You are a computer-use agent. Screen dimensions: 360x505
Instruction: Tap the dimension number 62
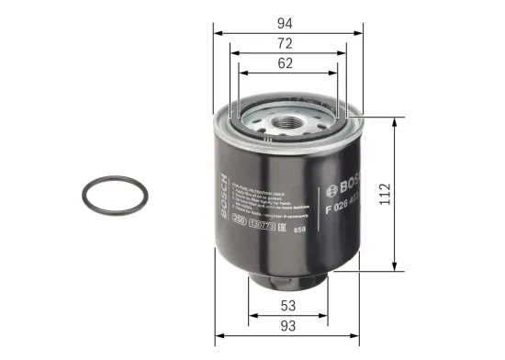[288, 63]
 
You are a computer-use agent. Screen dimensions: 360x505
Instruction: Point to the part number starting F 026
[345, 203]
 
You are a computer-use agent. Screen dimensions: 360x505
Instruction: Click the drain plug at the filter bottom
[287, 276]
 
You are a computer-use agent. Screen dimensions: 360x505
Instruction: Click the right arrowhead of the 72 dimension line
[344, 52]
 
